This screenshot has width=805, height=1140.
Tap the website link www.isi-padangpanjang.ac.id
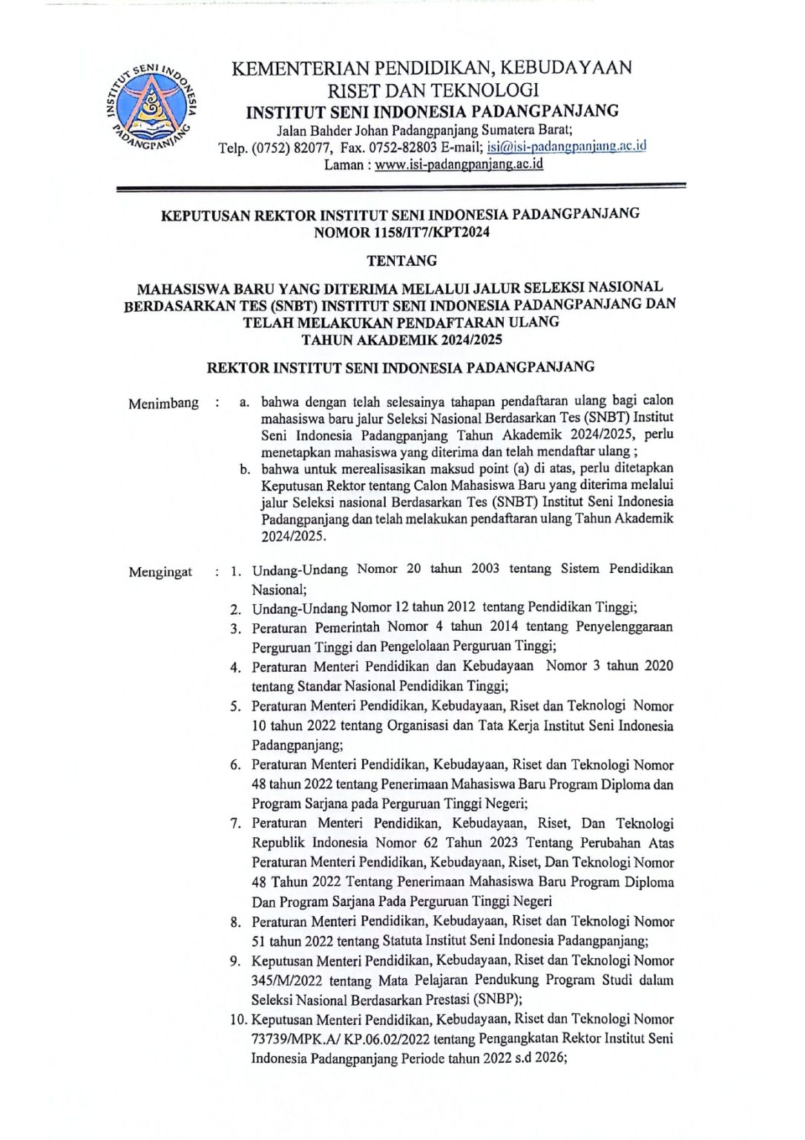point(459,165)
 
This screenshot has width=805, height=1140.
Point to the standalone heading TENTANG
point(402,261)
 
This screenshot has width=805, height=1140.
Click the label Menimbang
point(163,404)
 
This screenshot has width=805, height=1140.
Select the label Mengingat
point(160,572)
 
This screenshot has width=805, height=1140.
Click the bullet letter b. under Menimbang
point(243,469)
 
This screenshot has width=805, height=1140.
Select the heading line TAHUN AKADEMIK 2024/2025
point(401,341)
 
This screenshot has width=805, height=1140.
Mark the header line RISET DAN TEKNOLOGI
point(433,91)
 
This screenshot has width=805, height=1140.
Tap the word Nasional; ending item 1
point(279,590)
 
